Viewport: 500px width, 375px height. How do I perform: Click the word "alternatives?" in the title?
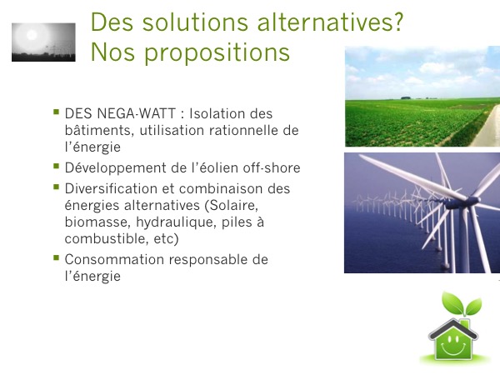point(330,22)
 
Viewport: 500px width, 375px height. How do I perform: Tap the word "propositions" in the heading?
point(217,53)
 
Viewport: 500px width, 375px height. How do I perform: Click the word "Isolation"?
point(217,113)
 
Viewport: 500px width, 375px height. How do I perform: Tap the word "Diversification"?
point(111,188)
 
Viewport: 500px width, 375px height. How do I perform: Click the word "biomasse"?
point(97,222)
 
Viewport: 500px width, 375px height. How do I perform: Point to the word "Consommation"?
point(114,259)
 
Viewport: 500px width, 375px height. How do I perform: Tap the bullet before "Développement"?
point(57,166)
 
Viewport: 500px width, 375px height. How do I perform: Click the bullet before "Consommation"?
point(57,257)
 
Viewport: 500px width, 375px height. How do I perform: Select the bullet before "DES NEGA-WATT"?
point(57,112)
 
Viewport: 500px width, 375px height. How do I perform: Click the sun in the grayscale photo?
point(32,35)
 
